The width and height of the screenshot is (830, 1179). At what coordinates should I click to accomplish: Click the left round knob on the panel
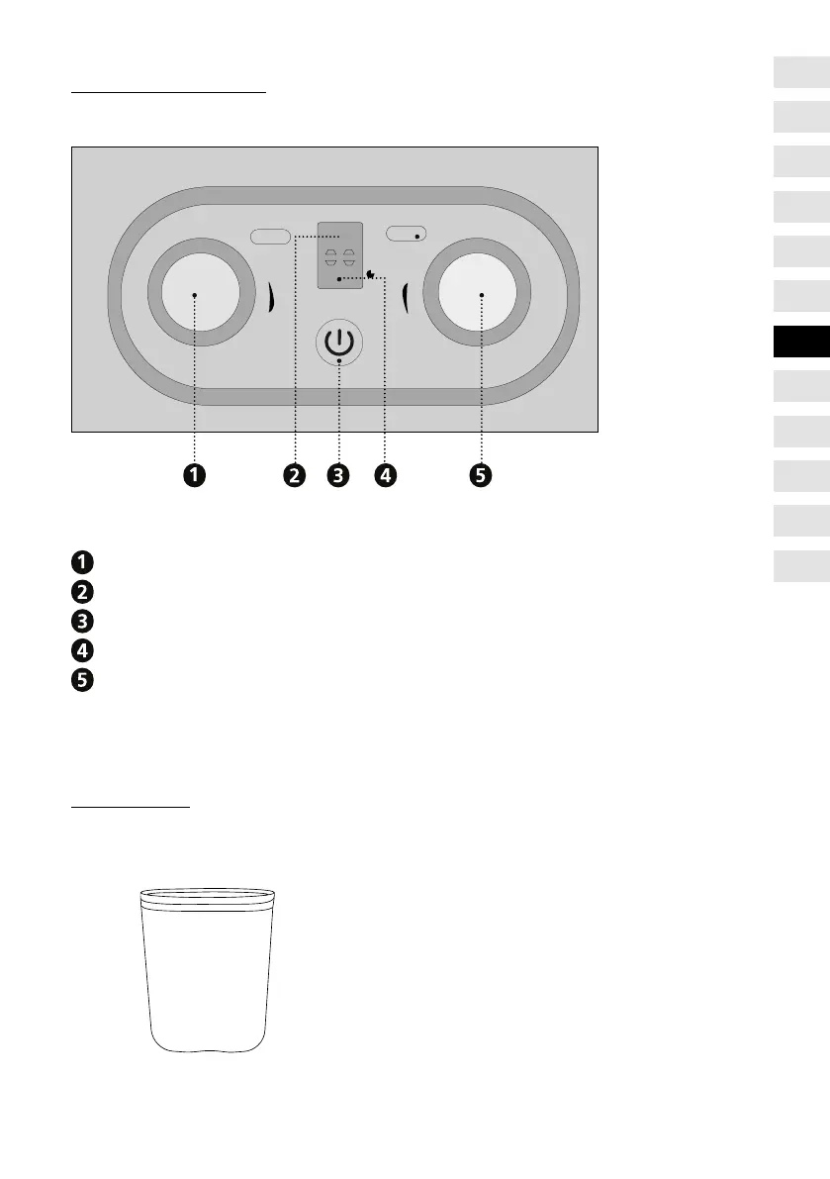pos(195,294)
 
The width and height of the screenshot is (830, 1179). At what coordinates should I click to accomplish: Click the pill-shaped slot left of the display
pos(270,237)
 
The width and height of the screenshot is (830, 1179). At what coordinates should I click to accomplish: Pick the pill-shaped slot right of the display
pos(406,235)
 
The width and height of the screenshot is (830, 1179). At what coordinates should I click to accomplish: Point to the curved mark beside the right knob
pos(406,295)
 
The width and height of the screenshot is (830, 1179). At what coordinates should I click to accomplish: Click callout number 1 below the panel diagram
pos(194,476)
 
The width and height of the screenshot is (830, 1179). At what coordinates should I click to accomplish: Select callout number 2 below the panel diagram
pos(294,476)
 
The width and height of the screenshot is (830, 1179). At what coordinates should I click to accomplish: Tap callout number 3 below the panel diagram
pos(338,476)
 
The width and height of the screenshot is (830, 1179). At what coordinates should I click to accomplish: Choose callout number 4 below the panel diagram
pos(384,476)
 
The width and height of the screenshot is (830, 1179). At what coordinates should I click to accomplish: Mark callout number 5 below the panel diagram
pos(480,476)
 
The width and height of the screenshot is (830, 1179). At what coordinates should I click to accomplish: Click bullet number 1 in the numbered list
pos(81,562)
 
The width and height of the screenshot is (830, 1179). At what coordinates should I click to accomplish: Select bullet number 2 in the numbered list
pos(81,592)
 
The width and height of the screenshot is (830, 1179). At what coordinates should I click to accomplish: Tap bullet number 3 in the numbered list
pos(81,622)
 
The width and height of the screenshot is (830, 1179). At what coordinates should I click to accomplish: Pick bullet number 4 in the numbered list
pos(81,651)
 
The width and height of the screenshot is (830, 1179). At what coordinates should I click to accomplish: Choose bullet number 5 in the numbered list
pos(81,681)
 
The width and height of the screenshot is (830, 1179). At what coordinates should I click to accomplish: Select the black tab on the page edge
pos(801,342)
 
